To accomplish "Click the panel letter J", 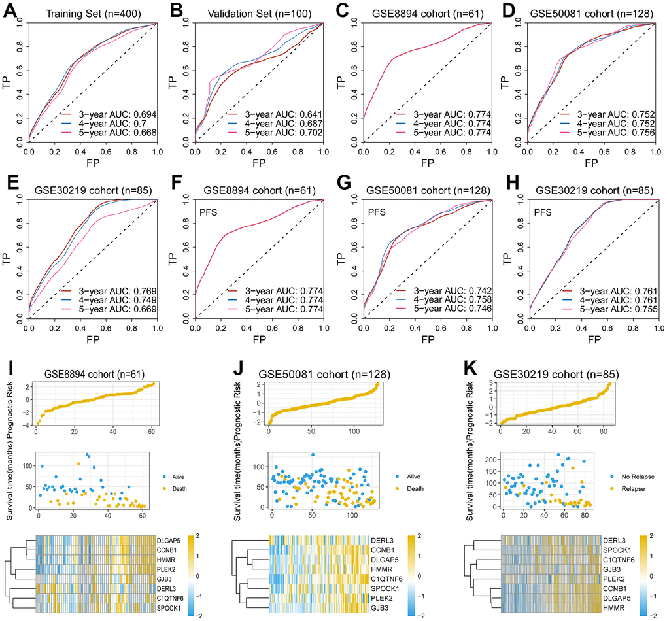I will (x=242, y=375).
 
